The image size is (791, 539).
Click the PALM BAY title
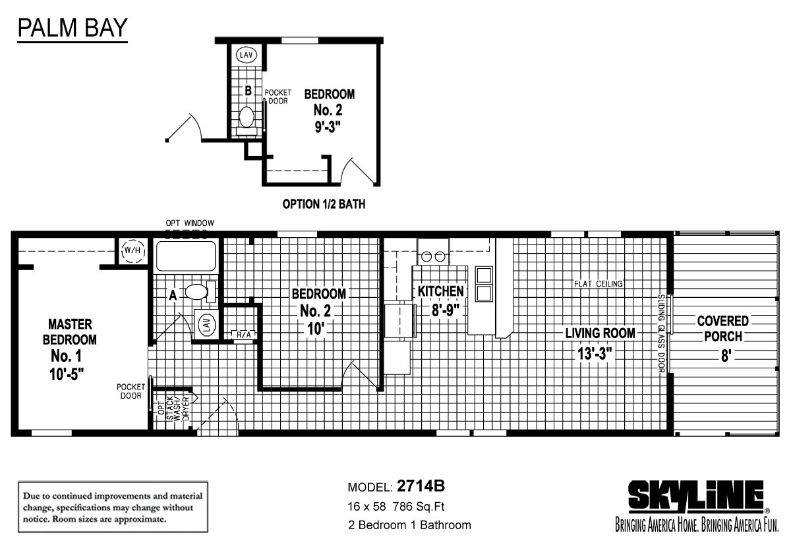[x=73, y=28]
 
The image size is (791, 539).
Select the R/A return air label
[x=243, y=335]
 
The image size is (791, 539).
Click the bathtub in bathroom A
[x=186, y=256]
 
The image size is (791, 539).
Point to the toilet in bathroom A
[x=200, y=292]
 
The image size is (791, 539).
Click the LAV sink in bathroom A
[x=206, y=325]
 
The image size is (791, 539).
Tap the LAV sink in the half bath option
[x=246, y=55]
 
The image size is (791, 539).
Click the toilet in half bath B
[x=247, y=121]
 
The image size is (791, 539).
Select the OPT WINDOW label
[x=190, y=223]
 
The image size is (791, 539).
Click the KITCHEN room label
[x=441, y=291]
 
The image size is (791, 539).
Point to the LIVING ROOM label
[x=600, y=333]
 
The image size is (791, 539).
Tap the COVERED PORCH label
[x=723, y=329]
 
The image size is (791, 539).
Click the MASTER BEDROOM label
[x=70, y=332]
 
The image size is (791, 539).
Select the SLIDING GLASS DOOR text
[x=661, y=333]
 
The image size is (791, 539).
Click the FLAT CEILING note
[x=599, y=284]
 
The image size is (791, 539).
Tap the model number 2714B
[x=421, y=486]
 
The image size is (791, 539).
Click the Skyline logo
[x=697, y=497]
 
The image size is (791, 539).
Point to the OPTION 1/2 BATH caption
[x=324, y=204]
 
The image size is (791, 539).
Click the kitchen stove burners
[x=433, y=256]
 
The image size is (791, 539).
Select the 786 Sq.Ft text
[x=419, y=507]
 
